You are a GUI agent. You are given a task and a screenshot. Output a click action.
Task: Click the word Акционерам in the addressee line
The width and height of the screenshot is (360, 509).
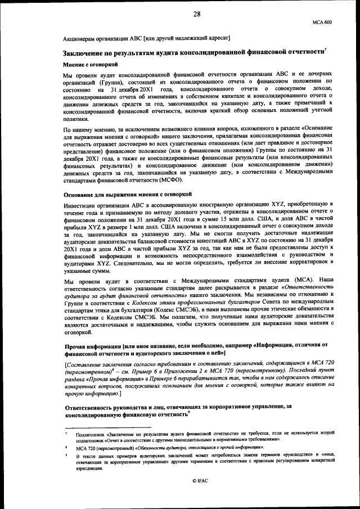pyautogui.click(x=79, y=38)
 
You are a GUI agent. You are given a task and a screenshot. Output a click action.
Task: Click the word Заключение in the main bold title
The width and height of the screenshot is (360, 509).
pyautogui.click(x=84, y=53)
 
